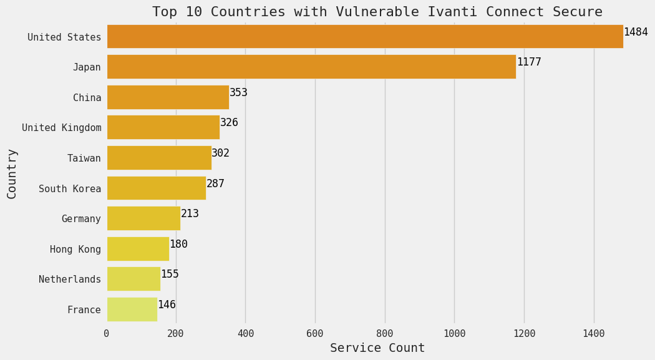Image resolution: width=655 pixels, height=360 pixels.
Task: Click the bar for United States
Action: pos(365,37)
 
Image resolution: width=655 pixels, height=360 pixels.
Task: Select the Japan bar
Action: pos(311,67)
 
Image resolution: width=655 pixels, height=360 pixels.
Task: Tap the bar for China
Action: pos(168,97)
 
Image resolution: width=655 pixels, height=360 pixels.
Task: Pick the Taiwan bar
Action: pos(159,158)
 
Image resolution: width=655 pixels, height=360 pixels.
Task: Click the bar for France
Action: pos(132,309)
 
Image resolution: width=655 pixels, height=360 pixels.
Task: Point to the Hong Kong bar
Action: pos(138,249)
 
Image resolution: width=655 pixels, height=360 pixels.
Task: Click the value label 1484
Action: pos(636,32)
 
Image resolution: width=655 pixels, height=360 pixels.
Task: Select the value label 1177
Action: pos(529,62)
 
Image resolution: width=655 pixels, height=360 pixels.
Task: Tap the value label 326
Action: pos(229,123)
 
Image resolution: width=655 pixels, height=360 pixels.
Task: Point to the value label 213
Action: pos(190,214)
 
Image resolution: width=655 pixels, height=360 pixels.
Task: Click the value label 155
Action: pos(170,275)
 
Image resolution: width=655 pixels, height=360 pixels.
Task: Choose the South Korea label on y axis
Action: pos(70,188)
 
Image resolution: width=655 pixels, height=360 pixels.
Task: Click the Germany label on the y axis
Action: pos(81,219)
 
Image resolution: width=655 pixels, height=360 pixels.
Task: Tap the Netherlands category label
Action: pos(70,280)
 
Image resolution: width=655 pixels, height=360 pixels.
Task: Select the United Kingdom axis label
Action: pos(62,128)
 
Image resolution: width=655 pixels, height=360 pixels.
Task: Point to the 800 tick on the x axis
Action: pos(385,334)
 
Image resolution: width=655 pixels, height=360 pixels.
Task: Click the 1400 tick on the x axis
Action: pos(594,334)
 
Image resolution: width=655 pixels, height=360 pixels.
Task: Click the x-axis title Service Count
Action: pos(377,348)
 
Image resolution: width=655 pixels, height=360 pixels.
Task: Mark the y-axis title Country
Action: pos(12,173)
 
